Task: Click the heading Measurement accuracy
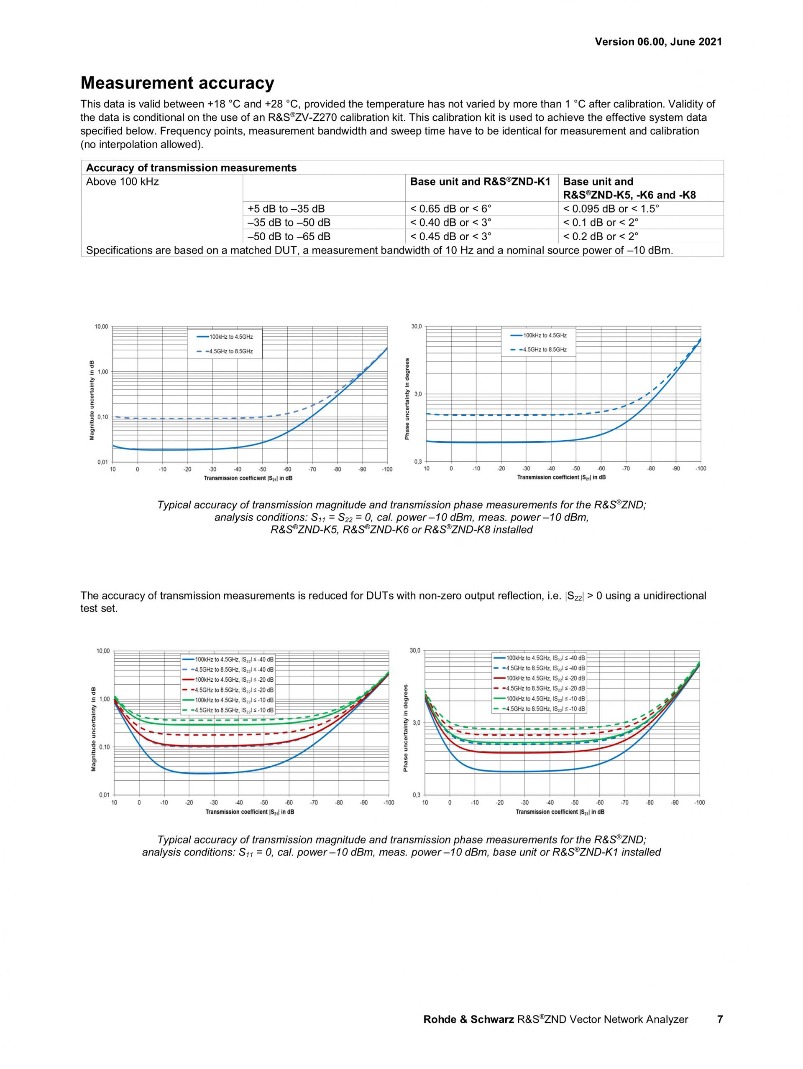pyautogui.click(x=177, y=83)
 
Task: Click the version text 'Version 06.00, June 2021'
pyautogui.click(x=658, y=41)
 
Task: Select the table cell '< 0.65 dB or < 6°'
pyautogui.click(x=450, y=209)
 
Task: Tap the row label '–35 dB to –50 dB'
pyautogui.click(x=289, y=223)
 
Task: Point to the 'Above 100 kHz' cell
pyautogui.click(x=123, y=182)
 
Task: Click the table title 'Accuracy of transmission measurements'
pyautogui.click(x=191, y=168)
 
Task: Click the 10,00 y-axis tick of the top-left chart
pyautogui.click(x=102, y=327)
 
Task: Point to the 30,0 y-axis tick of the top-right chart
pyautogui.click(x=417, y=327)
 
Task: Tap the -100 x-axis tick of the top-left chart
pyautogui.click(x=386, y=469)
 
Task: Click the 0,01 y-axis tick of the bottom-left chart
pyautogui.click(x=104, y=795)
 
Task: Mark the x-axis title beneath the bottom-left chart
pyautogui.click(x=250, y=812)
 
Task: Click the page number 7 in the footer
pyautogui.click(x=719, y=1019)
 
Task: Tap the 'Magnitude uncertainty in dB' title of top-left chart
pyautogui.click(x=92, y=401)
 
